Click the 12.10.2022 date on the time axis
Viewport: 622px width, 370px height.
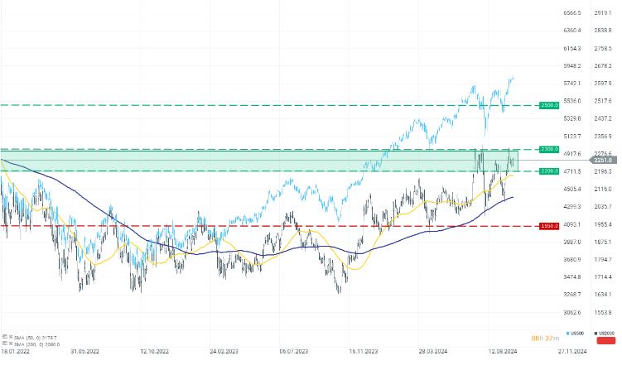pyautogui.click(x=154, y=351)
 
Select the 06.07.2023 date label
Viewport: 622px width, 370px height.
pyautogui.click(x=294, y=351)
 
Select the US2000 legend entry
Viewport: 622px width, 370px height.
pyautogui.click(x=604, y=333)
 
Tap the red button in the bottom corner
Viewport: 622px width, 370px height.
pyautogui.click(x=605, y=339)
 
